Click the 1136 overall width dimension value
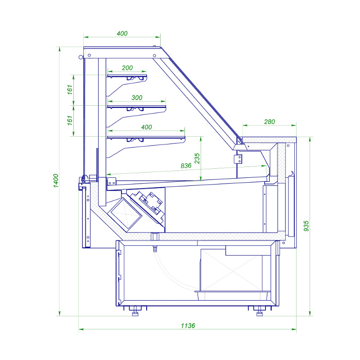188,325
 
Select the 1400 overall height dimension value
56,181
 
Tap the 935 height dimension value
306,226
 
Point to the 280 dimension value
269,121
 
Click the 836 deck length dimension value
186,166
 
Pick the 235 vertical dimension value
197,158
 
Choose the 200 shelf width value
127,68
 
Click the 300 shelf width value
137,98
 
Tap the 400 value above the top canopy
122,33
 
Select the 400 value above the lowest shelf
146,127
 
